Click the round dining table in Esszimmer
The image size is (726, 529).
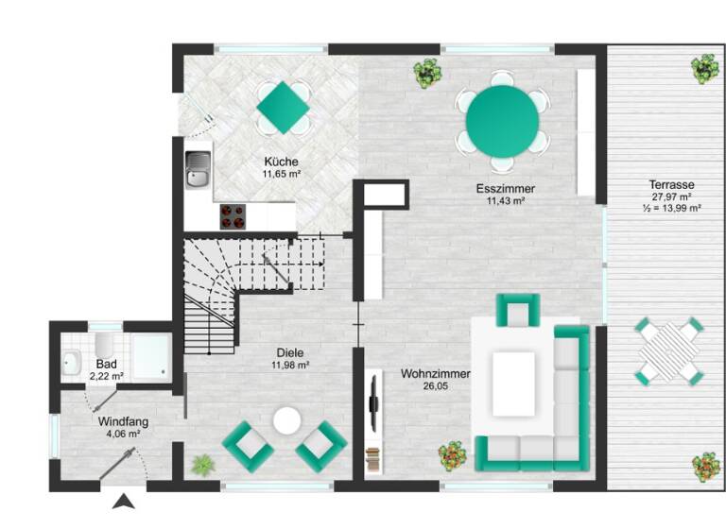coord(501,124)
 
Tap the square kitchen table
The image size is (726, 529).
coord(283,106)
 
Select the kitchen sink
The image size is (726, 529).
coord(199,171)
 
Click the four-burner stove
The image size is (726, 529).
coord(233,216)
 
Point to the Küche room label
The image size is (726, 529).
coord(282,162)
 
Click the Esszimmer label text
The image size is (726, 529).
coord(505,189)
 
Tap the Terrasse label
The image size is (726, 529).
coord(672,184)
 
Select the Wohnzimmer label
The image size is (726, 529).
coord(435,373)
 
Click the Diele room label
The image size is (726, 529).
coord(290,353)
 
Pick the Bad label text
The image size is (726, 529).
coord(106,364)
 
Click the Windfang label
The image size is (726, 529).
coord(123,422)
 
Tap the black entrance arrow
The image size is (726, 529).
coord(124,502)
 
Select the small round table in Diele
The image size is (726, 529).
coord(285,420)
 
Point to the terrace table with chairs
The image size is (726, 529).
coord(669,351)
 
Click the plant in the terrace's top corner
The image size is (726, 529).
coord(703,67)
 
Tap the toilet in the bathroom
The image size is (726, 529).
coord(104,343)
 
